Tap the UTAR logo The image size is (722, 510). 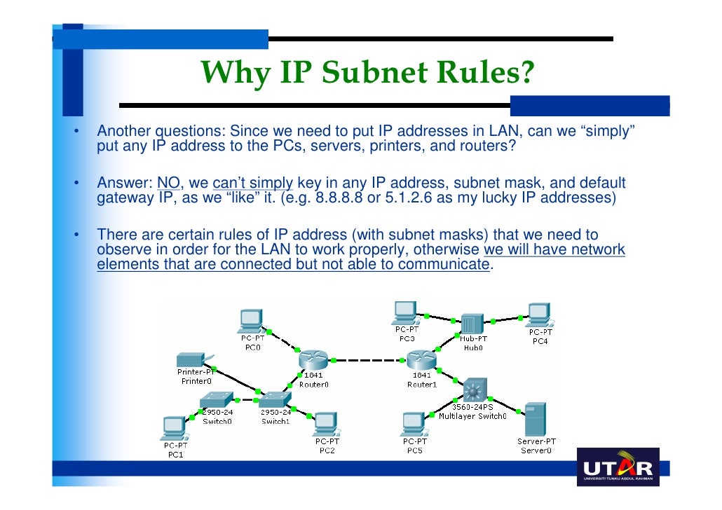[618, 467]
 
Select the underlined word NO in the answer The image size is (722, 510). [168, 184]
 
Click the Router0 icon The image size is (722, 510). [313, 360]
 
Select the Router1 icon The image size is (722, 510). [421, 360]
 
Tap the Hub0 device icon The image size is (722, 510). [473, 323]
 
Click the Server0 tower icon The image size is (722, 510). [536, 419]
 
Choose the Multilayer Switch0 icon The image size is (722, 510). [476, 390]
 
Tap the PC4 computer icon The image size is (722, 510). [539, 315]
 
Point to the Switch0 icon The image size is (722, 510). [217, 400]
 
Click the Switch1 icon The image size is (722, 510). [275, 400]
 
